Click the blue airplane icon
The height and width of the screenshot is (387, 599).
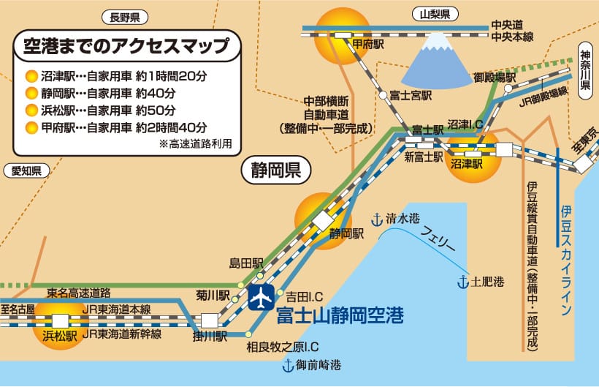(x=262, y=298)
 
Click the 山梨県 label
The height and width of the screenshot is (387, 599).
(x=435, y=13)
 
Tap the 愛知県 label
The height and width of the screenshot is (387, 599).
(x=26, y=171)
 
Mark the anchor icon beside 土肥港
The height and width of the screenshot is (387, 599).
(x=462, y=281)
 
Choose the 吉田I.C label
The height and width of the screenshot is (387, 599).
(x=304, y=297)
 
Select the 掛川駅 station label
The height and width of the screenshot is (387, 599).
(x=210, y=337)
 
